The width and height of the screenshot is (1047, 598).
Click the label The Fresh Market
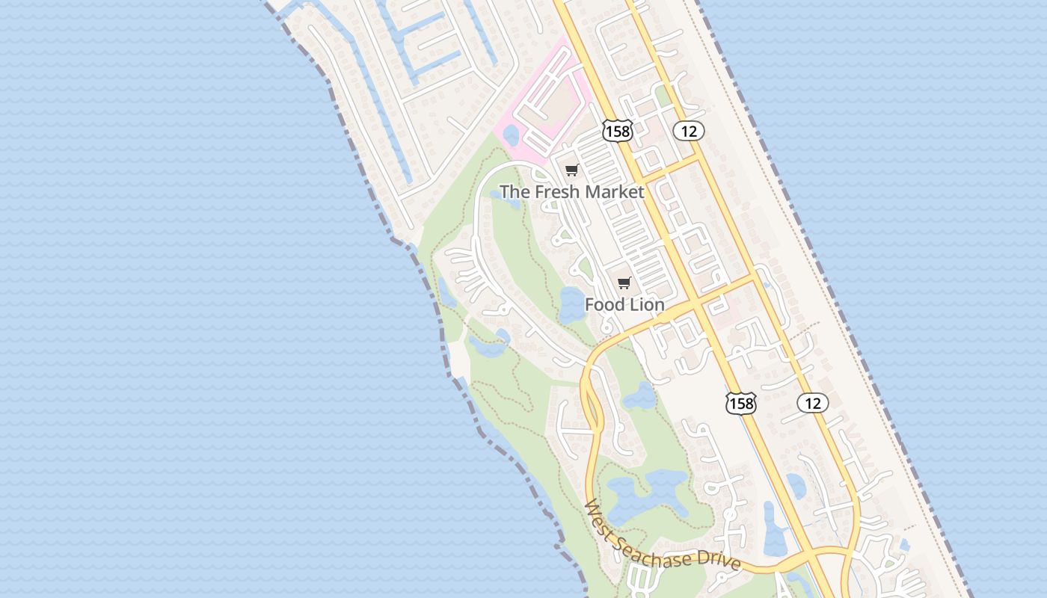click(571, 192)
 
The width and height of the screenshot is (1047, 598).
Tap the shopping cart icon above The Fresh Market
click(572, 170)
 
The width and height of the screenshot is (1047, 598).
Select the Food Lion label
click(624, 305)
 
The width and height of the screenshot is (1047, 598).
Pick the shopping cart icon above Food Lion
click(624, 283)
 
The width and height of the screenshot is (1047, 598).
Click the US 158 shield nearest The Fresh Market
click(617, 132)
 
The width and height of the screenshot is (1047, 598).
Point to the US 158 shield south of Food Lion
click(740, 404)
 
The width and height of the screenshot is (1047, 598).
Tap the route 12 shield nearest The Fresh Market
click(689, 132)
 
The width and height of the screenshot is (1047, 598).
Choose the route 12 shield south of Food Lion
click(813, 404)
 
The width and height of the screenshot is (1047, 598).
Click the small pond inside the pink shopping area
click(512, 135)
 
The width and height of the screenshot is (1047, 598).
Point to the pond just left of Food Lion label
click(571, 305)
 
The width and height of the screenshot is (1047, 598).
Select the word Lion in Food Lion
click(646, 305)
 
